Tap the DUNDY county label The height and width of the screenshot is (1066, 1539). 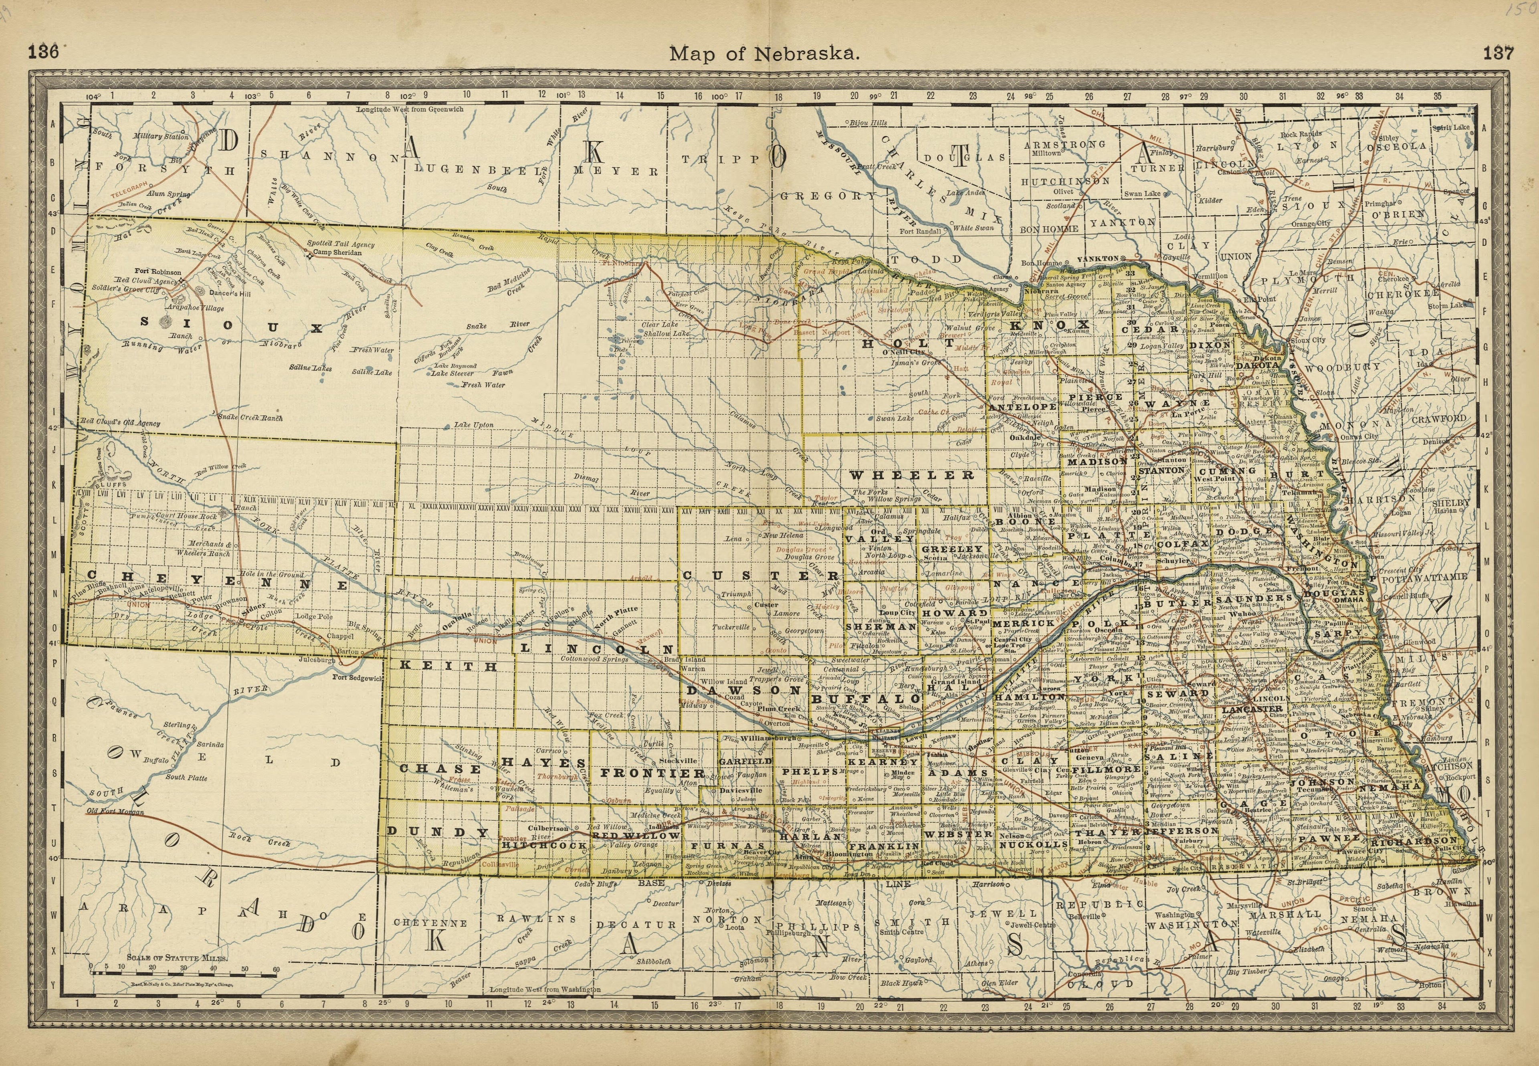438,832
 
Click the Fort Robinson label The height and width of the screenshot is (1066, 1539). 157,272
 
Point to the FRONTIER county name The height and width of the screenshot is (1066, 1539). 652,773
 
